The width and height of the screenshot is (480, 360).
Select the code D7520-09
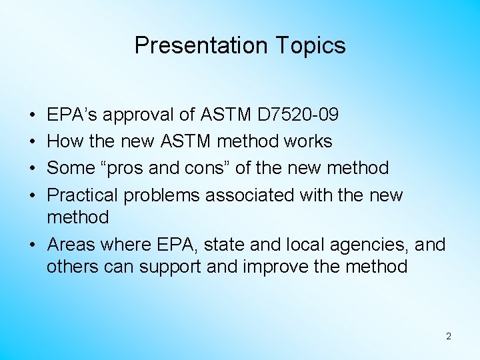(297, 115)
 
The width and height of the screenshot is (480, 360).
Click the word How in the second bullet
(63, 141)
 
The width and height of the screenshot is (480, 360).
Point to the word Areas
(68, 245)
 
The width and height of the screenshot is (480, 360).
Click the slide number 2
(448, 336)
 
